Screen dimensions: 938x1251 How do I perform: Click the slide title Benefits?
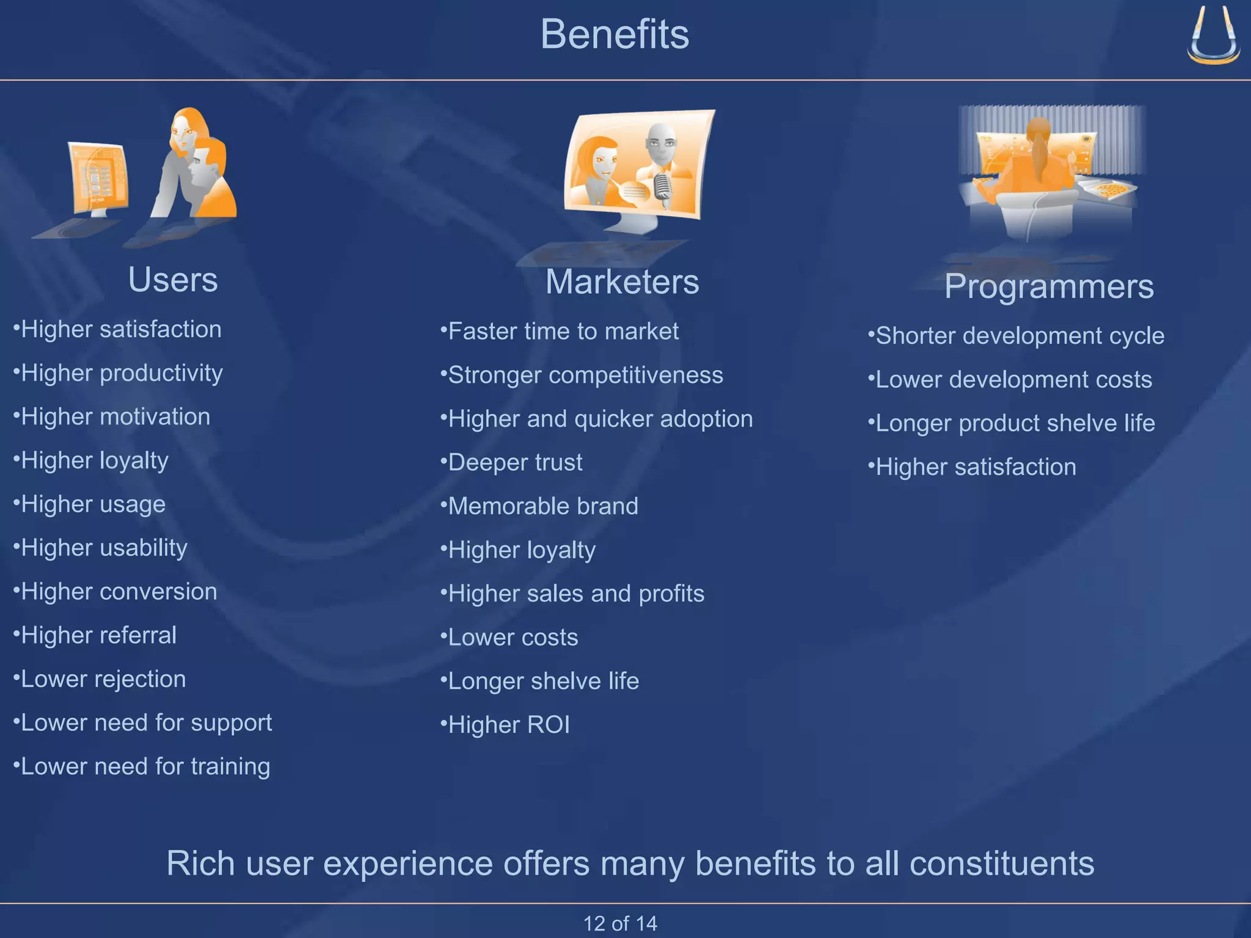(615, 34)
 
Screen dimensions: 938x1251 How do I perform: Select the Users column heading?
(173, 280)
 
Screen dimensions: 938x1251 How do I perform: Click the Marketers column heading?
(622, 282)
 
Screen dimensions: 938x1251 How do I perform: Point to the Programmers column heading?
(1049, 286)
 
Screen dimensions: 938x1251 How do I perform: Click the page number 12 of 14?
(620, 923)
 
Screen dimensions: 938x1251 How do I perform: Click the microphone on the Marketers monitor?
(662, 186)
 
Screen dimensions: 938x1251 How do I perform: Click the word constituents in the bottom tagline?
(1001, 863)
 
